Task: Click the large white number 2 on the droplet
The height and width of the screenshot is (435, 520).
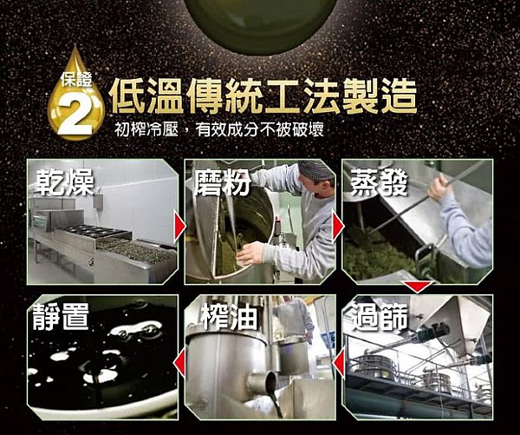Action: pyautogui.click(x=75, y=115)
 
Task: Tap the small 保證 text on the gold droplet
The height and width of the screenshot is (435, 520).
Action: pyautogui.click(x=76, y=80)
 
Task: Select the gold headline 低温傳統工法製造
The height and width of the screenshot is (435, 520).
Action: pyautogui.click(x=262, y=96)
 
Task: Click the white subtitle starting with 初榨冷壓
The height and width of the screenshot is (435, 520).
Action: pyautogui.click(x=219, y=129)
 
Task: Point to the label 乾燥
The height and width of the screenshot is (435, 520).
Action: pyautogui.click(x=65, y=183)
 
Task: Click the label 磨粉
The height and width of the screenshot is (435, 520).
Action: pyautogui.click(x=223, y=182)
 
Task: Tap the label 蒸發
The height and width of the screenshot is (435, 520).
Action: pyautogui.click(x=379, y=182)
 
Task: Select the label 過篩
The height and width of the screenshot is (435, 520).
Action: pyautogui.click(x=380, y=317)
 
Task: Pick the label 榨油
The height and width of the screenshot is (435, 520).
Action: pyautogui.click(x=229, y=317)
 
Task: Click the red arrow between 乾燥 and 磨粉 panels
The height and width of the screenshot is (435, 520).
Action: pyautogui.click(x=179, y=227)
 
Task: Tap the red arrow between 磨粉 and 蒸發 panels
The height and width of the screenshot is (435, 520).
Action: pyautogui.click(x=338, y=227)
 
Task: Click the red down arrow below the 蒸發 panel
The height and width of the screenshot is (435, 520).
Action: pyautogui.click(x=417, y=287)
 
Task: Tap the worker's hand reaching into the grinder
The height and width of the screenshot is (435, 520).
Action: pyautogui.click(x=250, y=254)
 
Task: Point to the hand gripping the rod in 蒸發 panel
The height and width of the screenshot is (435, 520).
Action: pyautogui.click(x=440, y=187)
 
